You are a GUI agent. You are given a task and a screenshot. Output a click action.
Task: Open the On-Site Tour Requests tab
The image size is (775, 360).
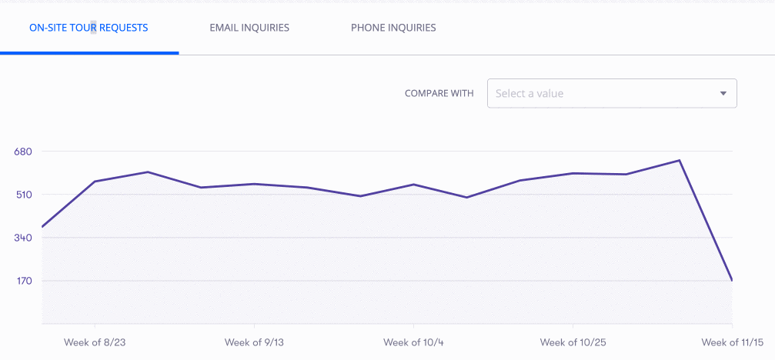89,28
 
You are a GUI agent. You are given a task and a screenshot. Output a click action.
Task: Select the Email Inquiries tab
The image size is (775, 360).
249,28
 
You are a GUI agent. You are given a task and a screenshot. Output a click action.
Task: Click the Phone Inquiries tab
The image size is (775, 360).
393,28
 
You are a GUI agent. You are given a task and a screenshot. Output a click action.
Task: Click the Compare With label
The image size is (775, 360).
439,93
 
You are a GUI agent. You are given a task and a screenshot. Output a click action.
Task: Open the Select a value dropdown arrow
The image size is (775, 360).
723,93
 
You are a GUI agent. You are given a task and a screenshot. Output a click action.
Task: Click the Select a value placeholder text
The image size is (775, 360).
529,93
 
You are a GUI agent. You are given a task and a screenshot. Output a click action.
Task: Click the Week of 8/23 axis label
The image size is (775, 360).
95,342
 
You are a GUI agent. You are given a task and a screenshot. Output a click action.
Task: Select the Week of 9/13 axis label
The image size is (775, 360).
254,342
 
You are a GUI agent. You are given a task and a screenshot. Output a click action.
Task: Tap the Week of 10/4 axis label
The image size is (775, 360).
413,342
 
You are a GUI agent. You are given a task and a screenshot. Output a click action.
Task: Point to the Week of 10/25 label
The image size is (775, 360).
573,342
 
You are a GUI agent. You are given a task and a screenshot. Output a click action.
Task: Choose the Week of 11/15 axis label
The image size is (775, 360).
733,342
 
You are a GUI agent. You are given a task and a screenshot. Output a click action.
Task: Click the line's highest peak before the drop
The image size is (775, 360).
679,161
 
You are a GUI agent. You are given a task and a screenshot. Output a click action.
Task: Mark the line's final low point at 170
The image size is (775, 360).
731,280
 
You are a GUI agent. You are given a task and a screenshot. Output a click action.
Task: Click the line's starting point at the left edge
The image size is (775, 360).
42,227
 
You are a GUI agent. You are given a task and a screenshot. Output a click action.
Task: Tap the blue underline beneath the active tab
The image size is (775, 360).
89,53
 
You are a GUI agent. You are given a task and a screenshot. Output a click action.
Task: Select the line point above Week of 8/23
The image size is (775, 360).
95,182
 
